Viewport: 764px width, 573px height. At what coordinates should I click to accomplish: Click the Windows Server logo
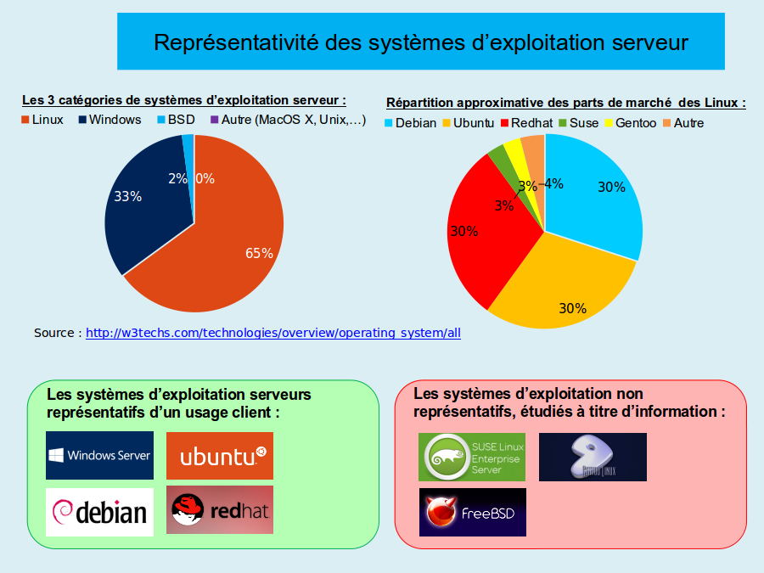coord(99,455)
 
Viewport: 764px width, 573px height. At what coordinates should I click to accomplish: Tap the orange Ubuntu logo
coord(219,456)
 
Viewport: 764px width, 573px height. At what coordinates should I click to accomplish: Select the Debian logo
coord(99,511)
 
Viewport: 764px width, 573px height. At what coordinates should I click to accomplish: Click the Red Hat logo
coord(219,509)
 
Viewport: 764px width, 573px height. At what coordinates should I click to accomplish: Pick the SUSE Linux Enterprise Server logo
coord(471,457)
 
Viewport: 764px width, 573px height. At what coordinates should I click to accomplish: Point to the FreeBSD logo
coord(472,512)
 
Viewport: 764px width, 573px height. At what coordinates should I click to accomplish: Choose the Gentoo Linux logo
coord(593,457)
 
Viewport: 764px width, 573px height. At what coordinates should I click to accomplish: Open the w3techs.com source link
coord(273,333)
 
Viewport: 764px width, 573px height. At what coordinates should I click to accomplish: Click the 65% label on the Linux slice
coord(259,253)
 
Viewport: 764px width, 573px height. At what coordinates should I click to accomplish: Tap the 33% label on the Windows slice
coord(127,196)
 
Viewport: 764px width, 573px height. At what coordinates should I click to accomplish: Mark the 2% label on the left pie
coord(177,178)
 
